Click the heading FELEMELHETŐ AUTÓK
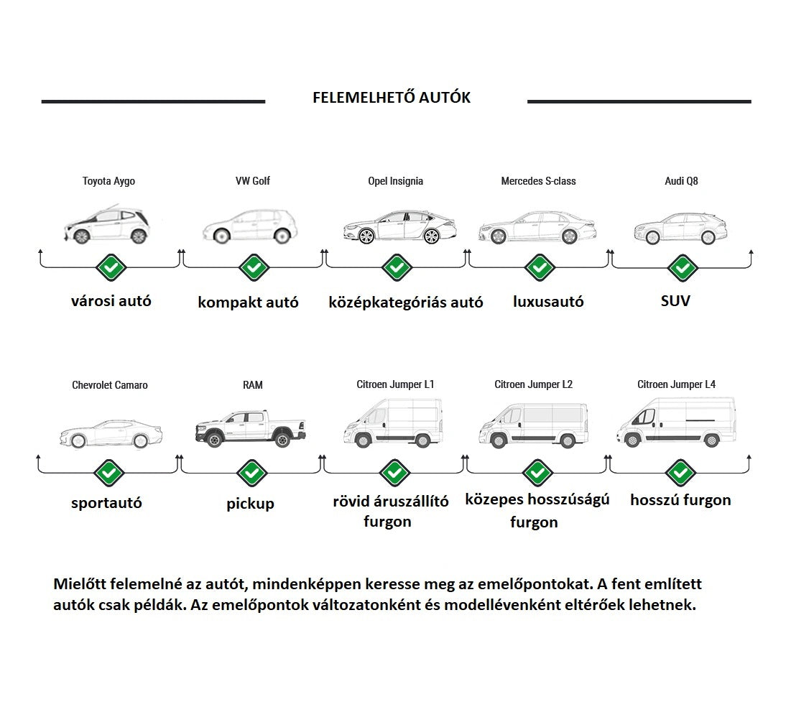tap(392, 98)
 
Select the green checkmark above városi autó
tap(111, 268)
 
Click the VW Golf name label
tap(252, 181)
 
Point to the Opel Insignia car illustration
tap(399, 226)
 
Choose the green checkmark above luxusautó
tap(540, 268)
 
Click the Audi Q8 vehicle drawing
tap(680, 228)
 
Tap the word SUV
tap(675, 301)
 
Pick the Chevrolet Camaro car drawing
tap(111, 433)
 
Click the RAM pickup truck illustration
tap(250, 429)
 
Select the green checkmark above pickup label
tap(251, 473)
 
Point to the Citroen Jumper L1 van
tap(392, 424)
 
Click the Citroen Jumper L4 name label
tap(676, 384)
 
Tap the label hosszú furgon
tap(680, 500)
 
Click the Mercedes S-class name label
tap(538, 181)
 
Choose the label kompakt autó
tap(248, 303)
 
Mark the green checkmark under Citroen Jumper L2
tap(537, 473)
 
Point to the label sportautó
tap(106, 503)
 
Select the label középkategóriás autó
tap(405, 303)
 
